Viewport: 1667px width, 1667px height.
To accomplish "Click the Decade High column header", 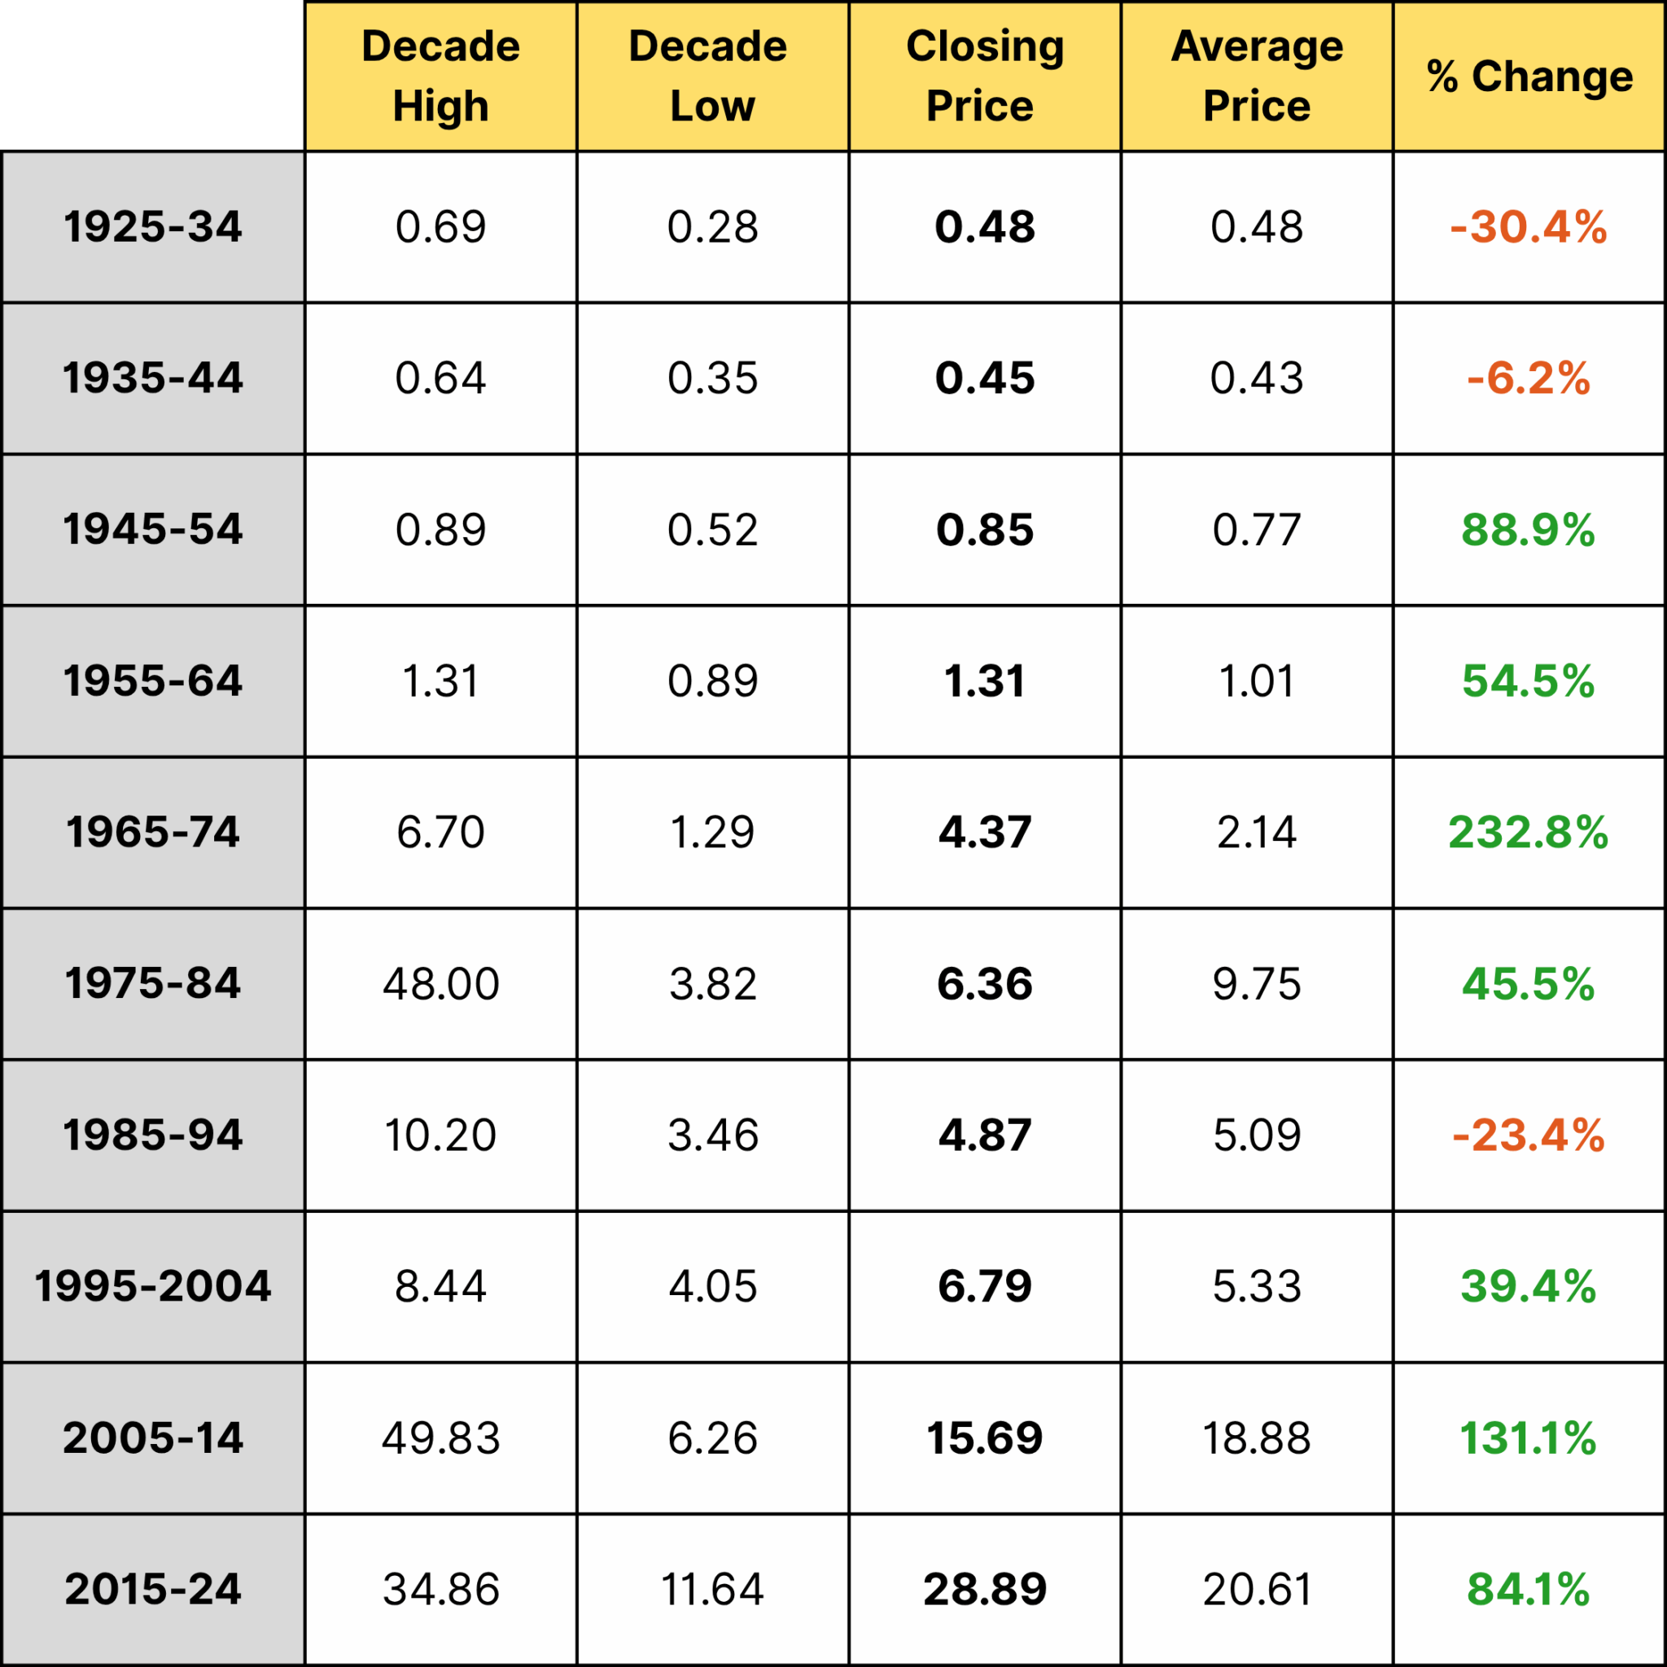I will pyautogui.click(x=440, y=76).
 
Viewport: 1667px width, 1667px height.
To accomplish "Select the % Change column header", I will pyautogui.click(x=1529, y=76).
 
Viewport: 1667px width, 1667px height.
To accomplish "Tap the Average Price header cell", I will pyautogui.click(x=1256, y=76).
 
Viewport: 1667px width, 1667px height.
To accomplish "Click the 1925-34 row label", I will pyautogui.click(x=153, y=227).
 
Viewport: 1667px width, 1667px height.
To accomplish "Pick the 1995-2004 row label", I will pyautogui.click(x=153, y=1285).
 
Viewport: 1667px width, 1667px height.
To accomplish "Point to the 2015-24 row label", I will pyautogui.click(x=153, y=1589).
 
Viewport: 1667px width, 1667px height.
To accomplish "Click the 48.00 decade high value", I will pyautogui.click(x=440, y=983).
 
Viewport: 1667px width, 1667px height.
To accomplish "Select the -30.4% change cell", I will pyautogui.click(x=1528, y=227).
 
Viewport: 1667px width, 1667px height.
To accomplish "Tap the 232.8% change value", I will pyautogui.click(x=1528, y=833).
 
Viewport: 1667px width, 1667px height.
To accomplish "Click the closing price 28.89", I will pyautogui.click(x=985, y=1589).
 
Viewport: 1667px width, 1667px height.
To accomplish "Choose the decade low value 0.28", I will pyautogui.click(x=712, y=227).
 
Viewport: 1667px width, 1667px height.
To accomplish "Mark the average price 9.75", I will pyautogui.click(x=1256, y=983).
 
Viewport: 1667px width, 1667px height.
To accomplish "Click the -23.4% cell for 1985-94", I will pyautogui.click(x=1528, y=1135).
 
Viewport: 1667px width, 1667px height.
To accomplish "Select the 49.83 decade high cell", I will pyautogui.click(x=440, y=1437).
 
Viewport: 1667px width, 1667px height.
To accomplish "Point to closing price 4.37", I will pyautogui.click(x=985, y=833).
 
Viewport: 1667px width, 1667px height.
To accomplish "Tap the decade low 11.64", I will pyautogui.click(x=712, y=1589).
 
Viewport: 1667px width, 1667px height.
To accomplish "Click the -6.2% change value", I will pyautogui.click(x=1528, y=378).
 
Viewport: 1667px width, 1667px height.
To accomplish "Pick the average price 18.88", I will pyautogui.click(x=1256, y=1437).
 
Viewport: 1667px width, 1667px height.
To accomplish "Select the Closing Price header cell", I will pyautogui.click(x=985, y=76).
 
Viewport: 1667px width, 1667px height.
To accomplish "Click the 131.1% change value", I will pyautogui.click(x=1528, y=1437).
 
